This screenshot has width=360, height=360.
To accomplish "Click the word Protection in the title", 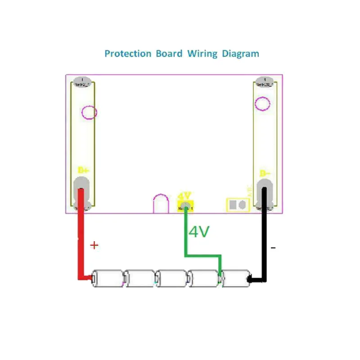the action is pyautogui.click(x=128, y=54).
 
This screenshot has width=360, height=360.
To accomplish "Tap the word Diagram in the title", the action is pyautogui.click(x=240, y=54).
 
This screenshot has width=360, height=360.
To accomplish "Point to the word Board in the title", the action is pyautogui.click(x=169, y=54).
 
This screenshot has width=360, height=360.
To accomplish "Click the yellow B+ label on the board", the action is pyautogui.click(x=83, y=171).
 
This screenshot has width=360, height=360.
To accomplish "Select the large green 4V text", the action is pyautogui.click(x=199, y=232).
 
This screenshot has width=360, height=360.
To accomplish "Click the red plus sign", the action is pyautogui.click(x=94, y=245).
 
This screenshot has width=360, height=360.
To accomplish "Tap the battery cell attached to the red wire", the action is pyautogui.click(x=108, y=279).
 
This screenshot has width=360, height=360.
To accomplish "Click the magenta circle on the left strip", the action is pyautogui.click(x=90, y=112).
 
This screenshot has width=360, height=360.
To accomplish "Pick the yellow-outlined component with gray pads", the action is pyautogui.click(x=238, y=205).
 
